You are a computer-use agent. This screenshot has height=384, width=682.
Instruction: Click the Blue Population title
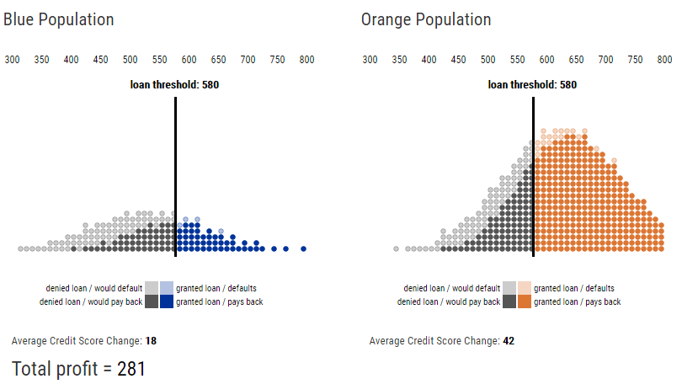click(59, 19)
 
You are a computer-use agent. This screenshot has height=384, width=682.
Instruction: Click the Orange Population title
click(426, 19)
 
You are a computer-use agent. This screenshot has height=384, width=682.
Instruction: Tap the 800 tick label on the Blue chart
click(306, 60)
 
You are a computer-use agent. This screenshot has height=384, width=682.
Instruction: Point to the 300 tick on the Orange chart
click(370, 60)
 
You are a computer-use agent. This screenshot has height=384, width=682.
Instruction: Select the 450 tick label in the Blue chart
click(100, 60)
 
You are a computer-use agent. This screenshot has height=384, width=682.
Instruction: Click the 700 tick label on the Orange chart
click(605, 60)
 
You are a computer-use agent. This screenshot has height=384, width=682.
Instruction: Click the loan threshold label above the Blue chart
click(174, 84)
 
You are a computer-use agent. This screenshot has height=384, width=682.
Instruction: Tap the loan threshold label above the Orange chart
click(532, 84)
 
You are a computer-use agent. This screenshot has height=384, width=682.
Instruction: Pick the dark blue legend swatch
click(167, 301)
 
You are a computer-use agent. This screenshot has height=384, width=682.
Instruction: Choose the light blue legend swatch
click(167, 288)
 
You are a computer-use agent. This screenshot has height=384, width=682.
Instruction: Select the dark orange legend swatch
click(525, 301)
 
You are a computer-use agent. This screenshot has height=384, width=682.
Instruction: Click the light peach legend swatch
click(525, 288)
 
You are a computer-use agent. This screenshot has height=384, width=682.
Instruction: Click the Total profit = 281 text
click(79, 368)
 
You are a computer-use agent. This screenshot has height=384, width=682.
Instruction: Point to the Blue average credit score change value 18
click(151, 341)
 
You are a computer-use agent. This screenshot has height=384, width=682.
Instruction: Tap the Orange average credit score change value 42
click(509, 341)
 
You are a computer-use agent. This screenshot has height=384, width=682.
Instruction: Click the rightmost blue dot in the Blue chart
click(303, 248)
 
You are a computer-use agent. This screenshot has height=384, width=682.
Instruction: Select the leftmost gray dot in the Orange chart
click(396, 249)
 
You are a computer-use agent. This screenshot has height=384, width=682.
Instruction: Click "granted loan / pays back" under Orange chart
click(577, 301)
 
